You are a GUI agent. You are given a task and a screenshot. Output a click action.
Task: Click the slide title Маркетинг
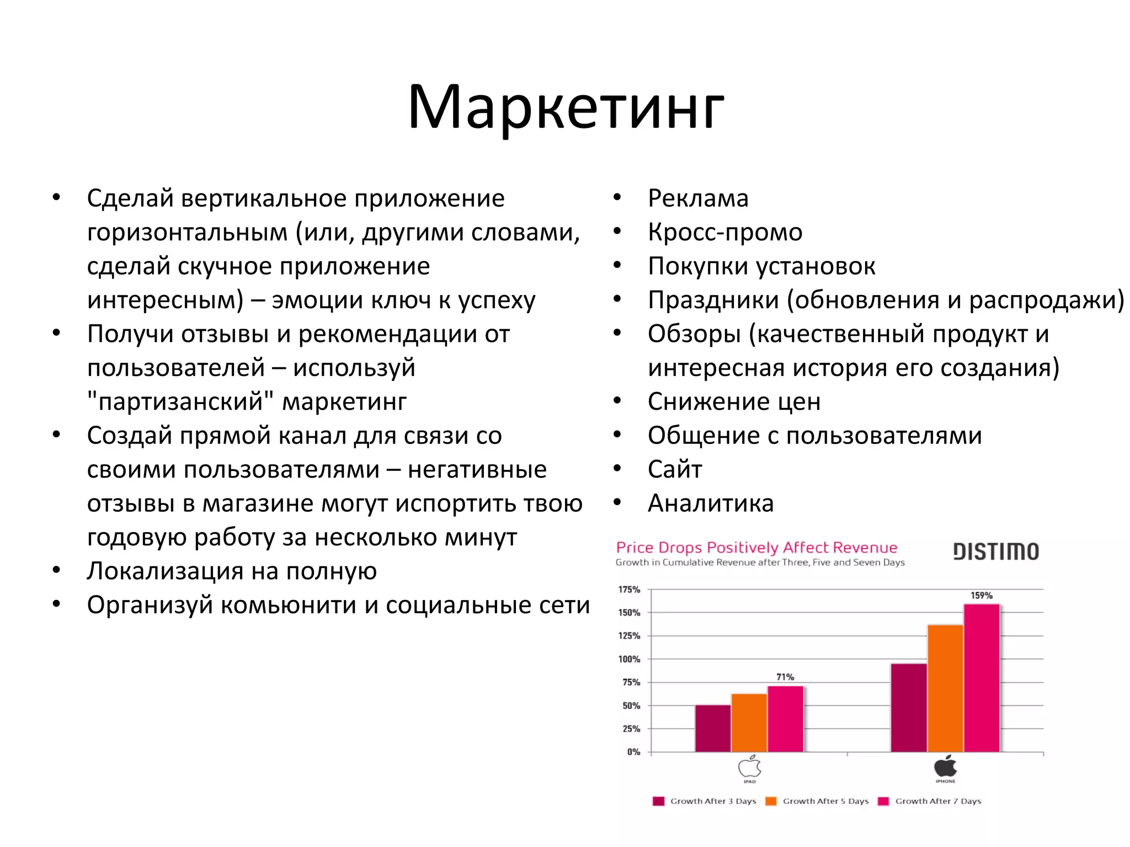[565, 108]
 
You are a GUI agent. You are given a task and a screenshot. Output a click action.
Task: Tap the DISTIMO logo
[996, 551]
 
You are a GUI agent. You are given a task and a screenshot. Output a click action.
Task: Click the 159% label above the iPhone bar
[981, 596]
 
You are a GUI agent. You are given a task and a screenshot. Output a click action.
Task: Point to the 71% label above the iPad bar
[785, 677]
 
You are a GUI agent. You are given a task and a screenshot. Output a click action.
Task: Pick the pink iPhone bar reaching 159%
[982, 678]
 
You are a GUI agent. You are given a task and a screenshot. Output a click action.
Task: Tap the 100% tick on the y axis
[629, 659]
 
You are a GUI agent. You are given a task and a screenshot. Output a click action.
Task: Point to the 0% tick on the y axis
[633, 752]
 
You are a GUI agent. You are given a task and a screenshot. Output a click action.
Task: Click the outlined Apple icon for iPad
[749, 767]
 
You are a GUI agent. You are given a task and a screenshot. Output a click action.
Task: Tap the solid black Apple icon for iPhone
[945, 766]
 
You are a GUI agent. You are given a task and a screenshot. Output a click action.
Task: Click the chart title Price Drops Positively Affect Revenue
[756, 548]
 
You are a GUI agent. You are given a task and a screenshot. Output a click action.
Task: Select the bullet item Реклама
[698, 199]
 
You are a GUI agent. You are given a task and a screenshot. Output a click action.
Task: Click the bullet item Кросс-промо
[725, 232]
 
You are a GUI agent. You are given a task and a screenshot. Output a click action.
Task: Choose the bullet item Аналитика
[711, 503]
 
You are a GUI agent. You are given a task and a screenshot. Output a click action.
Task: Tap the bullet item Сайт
[675, 470]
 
